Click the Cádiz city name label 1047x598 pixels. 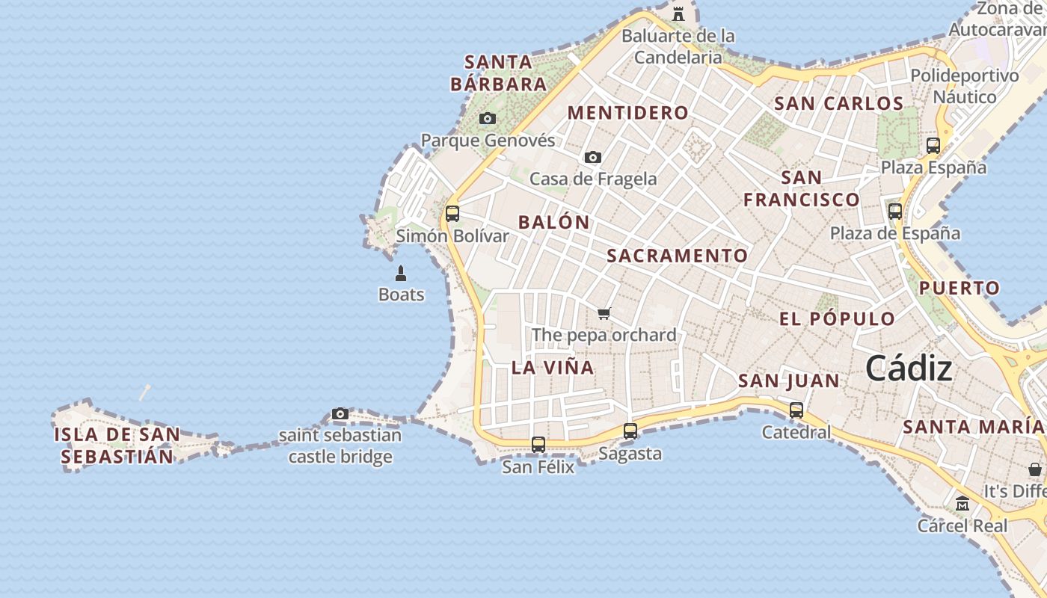pos(909,369)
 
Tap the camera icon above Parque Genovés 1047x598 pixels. pos(488,119)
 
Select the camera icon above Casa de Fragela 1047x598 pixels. pos(593,157)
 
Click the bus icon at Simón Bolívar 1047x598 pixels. pos(452,214)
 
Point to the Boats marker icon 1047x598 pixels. pos(401,274)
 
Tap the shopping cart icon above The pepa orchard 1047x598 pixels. pos(604,313)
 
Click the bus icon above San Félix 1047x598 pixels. pos(538,445)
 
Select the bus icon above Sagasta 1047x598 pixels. pos(630,431)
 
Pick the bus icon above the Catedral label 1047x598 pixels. pos(796,410)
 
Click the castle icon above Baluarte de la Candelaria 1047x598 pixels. pos(678,14)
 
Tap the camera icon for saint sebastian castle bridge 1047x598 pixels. pos(340,413)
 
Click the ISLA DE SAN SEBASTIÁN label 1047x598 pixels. pos(117,446)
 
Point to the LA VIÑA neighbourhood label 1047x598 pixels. pos(553,367)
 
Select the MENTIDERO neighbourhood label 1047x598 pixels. pos(628,113)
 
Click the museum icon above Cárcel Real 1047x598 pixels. pos(962,503)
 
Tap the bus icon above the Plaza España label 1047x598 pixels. pos(933,146)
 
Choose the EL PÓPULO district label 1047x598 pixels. pos(837,318)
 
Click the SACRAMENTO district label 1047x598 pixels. pos(677,256)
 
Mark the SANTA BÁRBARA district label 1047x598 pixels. pos(498,73)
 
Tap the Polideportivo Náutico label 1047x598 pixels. pos(965,86)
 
